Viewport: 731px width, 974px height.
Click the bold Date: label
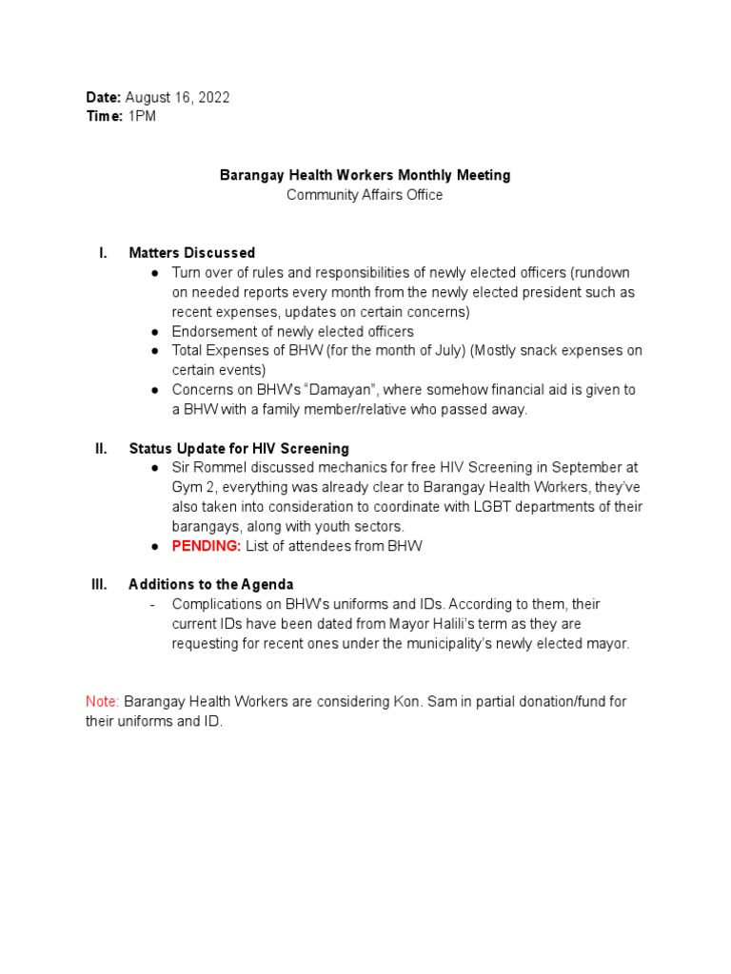pos(103,98)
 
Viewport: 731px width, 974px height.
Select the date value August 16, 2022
pos(177,98)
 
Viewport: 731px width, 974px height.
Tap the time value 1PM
pos(142,116)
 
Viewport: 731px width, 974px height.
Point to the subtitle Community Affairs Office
pos(365,195)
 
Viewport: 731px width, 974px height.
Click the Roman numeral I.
pos(102,253)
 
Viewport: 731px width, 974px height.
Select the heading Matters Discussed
pos(191,253)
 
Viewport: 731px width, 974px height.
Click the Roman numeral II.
pos(100,448)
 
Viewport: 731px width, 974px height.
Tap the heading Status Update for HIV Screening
pos(239,448)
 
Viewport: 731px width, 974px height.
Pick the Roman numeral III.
pos(99,584)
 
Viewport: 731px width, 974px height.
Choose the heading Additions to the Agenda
pos(211,584)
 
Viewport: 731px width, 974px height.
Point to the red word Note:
pos(103,701)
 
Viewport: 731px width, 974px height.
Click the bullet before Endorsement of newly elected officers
pos(154,332)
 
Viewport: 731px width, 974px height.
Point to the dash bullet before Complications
pos(153,604)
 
